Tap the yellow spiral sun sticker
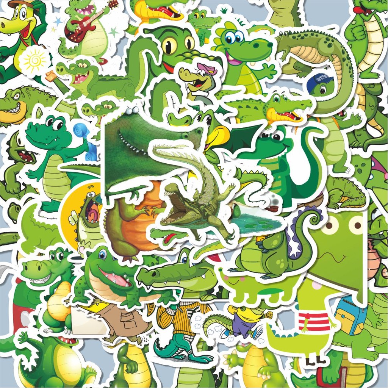pyautogui.click(x=34, y=60)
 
